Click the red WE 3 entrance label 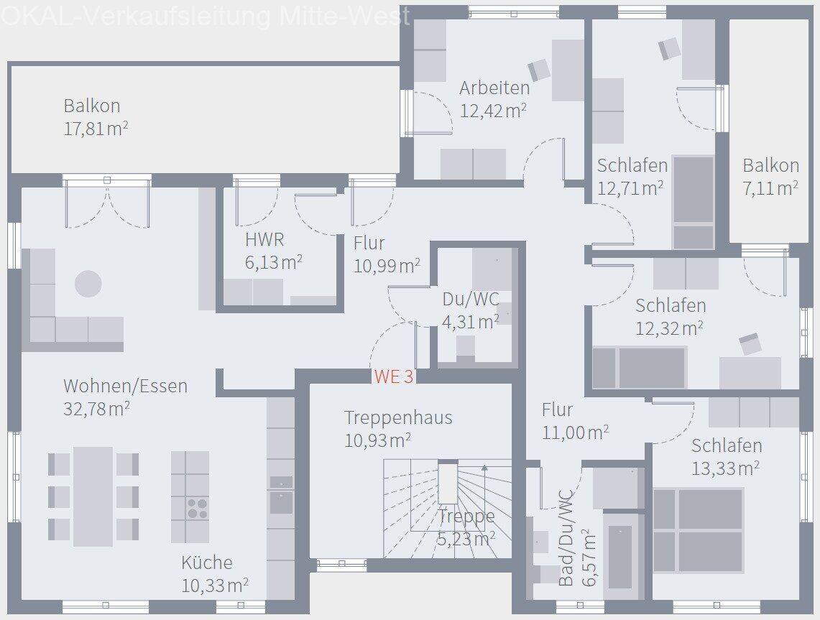pos(394,376)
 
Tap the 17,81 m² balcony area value pos(96,129)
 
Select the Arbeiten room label pos(494,88)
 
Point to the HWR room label pos(264,239)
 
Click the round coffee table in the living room pos(88,284)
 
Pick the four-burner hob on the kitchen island pos(198,508)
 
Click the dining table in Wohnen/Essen pos(93,496)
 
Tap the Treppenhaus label pos(398,417)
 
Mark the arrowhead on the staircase pos(485,468)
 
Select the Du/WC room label pos(471,299)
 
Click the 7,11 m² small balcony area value pos(770,188)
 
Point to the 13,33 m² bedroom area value pos(725,468)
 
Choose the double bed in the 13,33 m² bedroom pos(698,530)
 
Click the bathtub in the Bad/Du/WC pos(620,557)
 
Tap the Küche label pos(207,563)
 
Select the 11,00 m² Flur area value pos(575,432)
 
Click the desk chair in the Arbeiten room pos(539,70)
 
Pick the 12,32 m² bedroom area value pos(669,328)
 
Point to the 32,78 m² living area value pos(97,409)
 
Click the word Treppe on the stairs pos(466,517)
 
